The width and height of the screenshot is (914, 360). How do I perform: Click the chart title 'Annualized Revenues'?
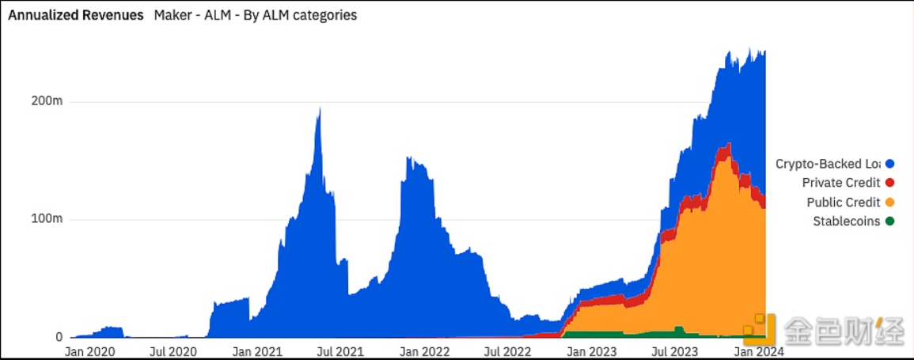click(76, 15)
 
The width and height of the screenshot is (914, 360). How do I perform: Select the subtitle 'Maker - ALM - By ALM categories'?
click(256, 15)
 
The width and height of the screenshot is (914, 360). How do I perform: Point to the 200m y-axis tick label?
click(47, 102)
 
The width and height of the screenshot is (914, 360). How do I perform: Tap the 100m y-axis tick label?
click(47, 219)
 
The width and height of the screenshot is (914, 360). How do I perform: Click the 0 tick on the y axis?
click(59, 337)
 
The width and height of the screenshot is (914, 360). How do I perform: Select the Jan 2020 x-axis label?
click(89, 351)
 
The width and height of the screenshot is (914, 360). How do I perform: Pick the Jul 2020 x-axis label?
click(173, 351)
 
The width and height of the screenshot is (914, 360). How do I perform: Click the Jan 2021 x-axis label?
click(259, 351)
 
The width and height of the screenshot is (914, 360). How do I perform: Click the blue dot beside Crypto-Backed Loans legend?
click(889, 164)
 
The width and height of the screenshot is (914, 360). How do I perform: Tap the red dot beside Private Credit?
click(889, 183)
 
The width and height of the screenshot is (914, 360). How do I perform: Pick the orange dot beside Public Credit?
click(889, 203)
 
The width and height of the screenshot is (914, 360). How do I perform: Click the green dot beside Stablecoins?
click(889, 222)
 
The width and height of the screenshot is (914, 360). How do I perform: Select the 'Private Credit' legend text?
click(840, 183)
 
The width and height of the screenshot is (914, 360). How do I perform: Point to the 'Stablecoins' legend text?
click(846, 222)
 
